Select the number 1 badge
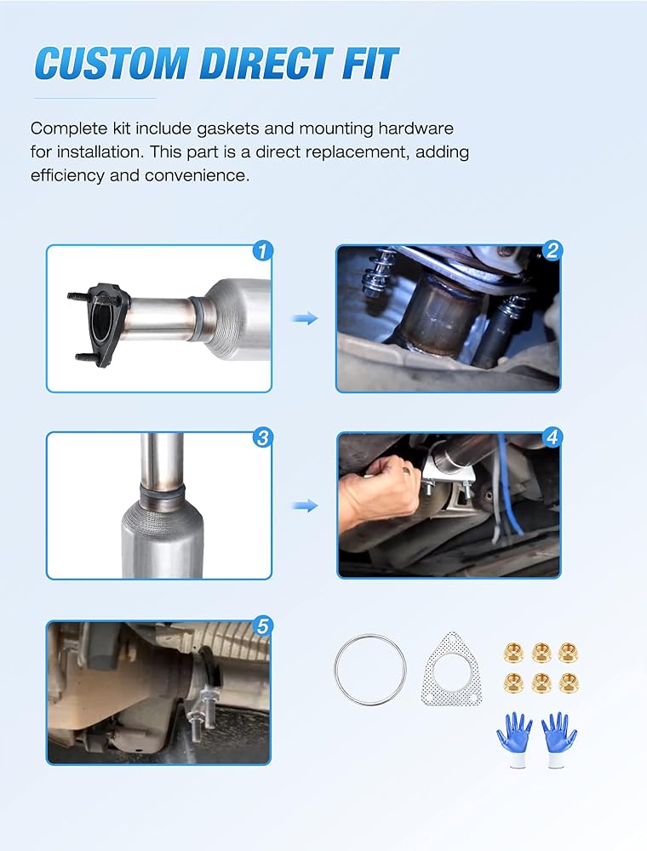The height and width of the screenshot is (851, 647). tap(263, 251)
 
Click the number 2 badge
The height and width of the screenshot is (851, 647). tap(552, 250)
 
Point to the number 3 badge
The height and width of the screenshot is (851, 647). tap(263, 437)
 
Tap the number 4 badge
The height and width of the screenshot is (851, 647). tap(552, 437)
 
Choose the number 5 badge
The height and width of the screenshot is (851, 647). tap(263, 625)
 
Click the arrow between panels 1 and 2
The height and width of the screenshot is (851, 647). tap(305, 318)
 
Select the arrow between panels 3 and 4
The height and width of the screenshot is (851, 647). tap(305, 505)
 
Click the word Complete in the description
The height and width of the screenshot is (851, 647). tap(69, 129)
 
